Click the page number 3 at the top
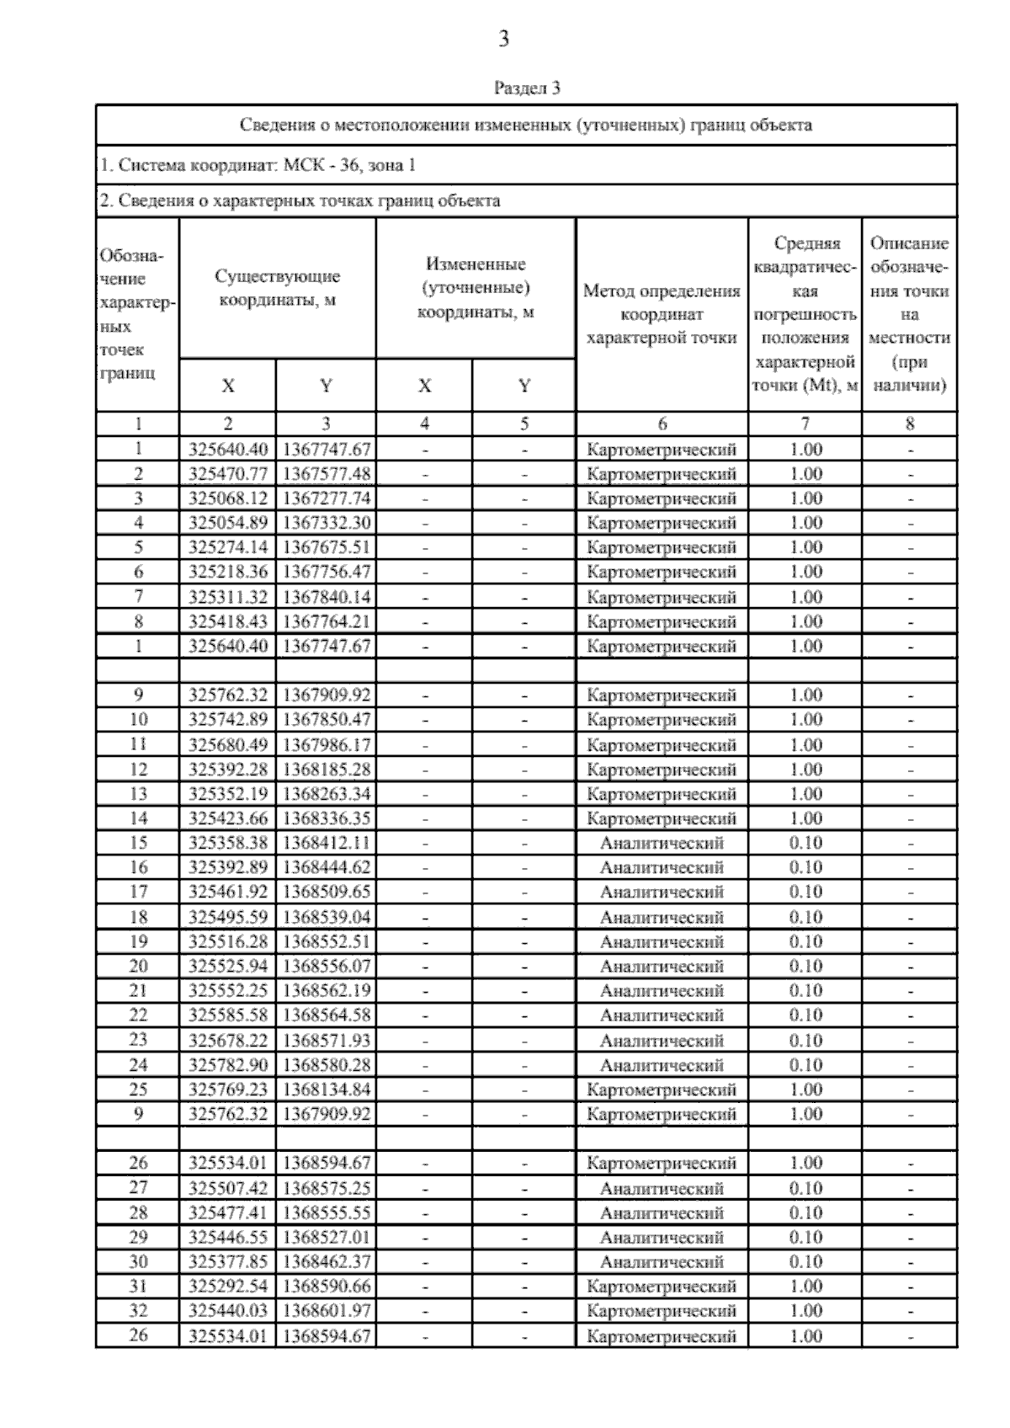point(503,39)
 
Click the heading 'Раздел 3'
point(526,88)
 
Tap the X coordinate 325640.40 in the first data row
point(227,449)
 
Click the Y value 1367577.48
point(326,473)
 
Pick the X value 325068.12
point(227,498)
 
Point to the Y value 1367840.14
point(326,597)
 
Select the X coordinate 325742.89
point(227,720)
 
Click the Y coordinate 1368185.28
point(326,770)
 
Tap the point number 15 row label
point(138,843)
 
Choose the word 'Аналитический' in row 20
point(662,966)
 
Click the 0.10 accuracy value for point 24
point(805,1065)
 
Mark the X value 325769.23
point(227,1090)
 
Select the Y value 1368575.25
point(326,1188)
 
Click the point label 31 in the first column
point(138,1287)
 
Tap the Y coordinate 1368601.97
point(326,1311)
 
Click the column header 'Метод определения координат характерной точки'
point(662,315)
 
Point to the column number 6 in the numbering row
point(662,424)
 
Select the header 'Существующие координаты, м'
point(277,288)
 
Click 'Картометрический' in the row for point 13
point(662,794)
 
